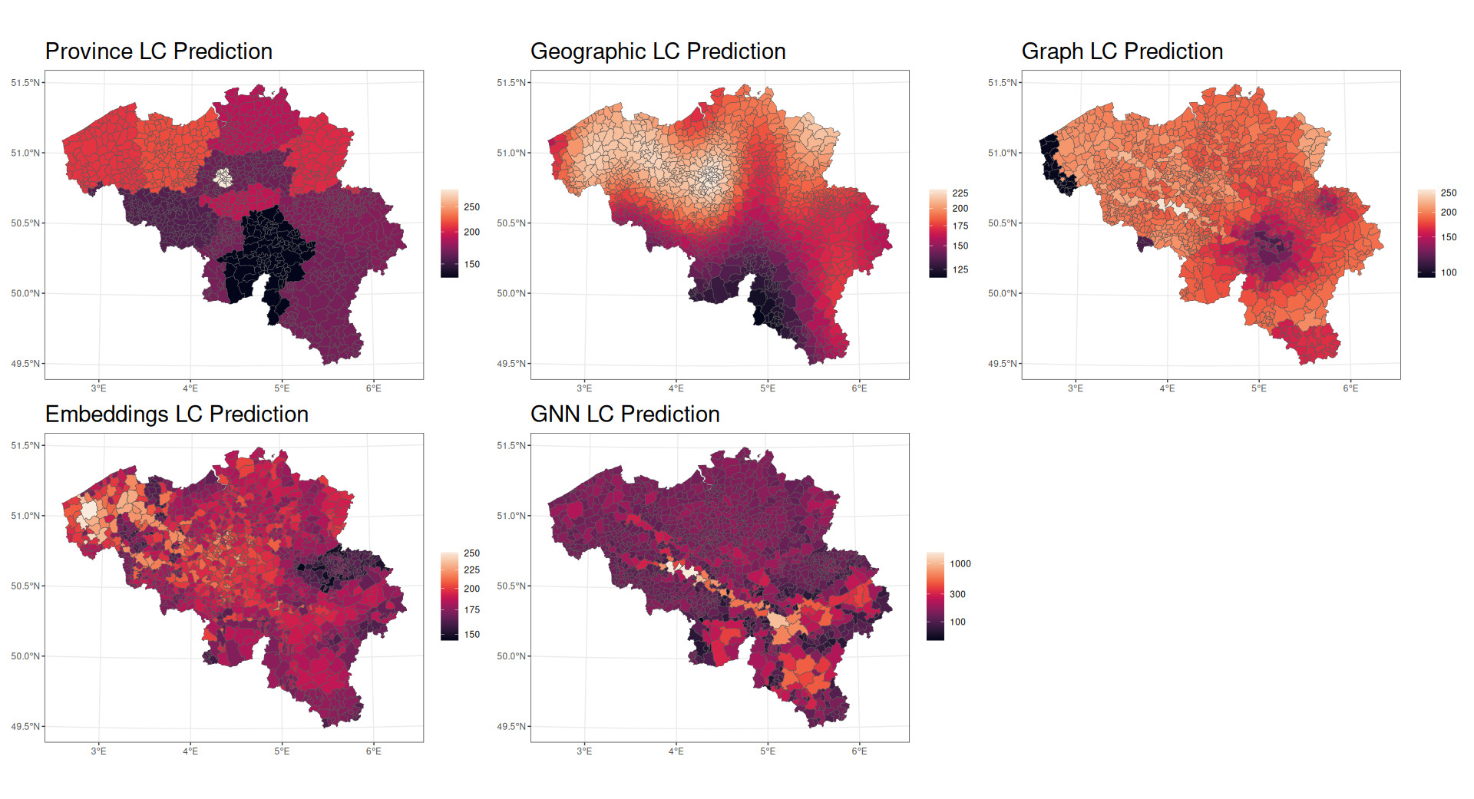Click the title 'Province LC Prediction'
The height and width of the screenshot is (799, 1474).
coord(159,51)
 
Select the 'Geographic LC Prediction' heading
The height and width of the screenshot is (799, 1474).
coord(658,51)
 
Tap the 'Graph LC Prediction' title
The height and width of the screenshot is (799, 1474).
coord(1122,51)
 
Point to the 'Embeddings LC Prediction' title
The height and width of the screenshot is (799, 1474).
coord(177,414)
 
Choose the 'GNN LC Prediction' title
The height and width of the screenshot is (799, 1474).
coord(625,414)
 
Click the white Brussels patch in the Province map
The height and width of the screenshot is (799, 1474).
coord(223,178)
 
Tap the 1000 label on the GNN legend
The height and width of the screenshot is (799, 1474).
coord(960,564)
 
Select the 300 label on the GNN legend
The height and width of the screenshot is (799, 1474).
coord(957,595)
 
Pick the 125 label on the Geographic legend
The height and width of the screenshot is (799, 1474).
coord(960,270)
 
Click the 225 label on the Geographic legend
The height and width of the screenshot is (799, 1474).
coord(960,193)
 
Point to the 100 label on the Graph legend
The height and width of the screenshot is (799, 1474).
coord(1449,272)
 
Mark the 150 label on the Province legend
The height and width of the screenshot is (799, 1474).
coord(471,265)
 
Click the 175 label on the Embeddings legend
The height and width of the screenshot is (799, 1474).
coord(471,610)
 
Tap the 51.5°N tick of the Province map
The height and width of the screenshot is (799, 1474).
coord(25,83)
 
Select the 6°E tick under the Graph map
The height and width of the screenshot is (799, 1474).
coord(1350,388)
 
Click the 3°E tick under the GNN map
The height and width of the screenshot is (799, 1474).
coord(584,751)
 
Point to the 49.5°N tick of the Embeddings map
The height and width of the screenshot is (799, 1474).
coord(25,727)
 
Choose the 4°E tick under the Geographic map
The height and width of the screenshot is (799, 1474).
coord(676,388)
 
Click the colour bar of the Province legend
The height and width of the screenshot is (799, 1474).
coord(449,233)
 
